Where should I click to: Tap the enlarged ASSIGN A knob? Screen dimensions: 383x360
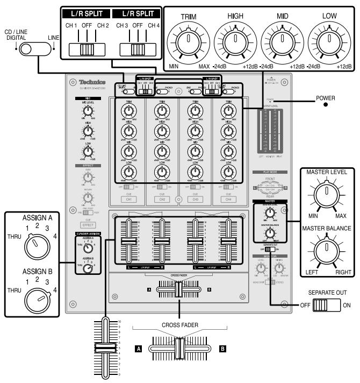[x=35, y=245]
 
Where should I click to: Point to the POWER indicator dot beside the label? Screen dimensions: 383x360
[x=326, y=105]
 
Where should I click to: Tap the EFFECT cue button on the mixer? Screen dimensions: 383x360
[x=88, y=225]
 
